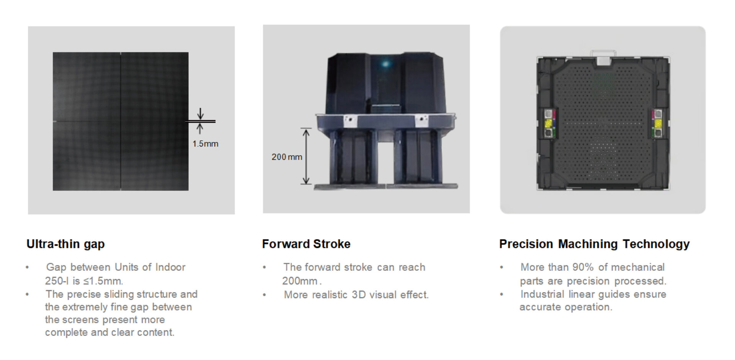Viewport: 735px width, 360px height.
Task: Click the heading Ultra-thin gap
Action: pyautogui.click(x=65, y=244)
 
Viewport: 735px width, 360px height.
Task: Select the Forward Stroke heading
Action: pyautogui.click(x=306, y=244)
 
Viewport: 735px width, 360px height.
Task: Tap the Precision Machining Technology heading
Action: pyautogui.click(x=594, y=244)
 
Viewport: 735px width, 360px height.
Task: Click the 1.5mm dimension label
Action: pyautogui.click(x=205, y=144)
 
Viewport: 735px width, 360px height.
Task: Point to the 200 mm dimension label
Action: pyautogui.click(x=287, y=157)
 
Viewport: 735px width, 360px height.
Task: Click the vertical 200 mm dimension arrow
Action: pyautogui.click(x=306, y=156)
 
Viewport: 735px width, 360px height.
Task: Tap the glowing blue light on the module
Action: pyautogui.click(x=385, y=64)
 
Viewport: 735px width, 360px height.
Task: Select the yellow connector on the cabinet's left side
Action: pyautogui.click(x=548, y=123)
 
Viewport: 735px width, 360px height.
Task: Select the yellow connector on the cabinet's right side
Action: pyautogui.click(x=658, y=123)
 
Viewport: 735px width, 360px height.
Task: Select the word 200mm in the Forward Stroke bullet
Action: pyautogui.click(x=300, y=281)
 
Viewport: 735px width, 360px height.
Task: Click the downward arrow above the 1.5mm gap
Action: pyautogui.click(x=200, y=114)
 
